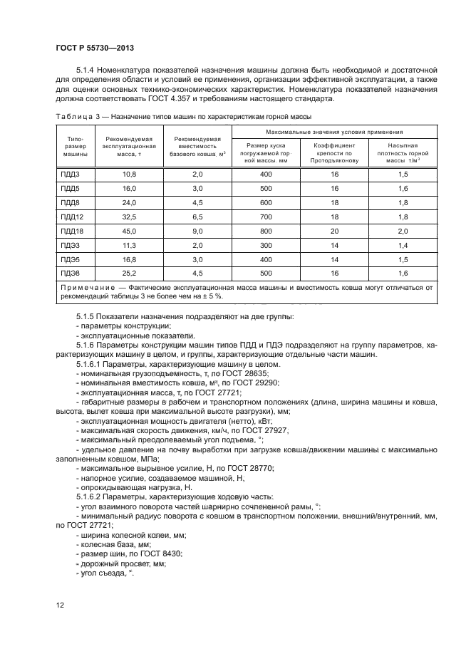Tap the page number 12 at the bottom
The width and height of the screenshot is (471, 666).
pos(59,605)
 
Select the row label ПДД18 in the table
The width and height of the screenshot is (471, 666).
pos(70,231)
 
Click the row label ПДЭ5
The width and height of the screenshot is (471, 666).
pos(68,259)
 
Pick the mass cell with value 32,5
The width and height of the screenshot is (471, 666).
pos(129,217)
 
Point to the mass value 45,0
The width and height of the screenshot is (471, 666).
pos(129,231)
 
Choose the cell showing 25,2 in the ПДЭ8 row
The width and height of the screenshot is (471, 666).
pos(129,273)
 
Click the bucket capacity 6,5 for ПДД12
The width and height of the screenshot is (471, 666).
pos(197,217)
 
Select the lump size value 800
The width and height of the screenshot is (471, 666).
pos(266,231)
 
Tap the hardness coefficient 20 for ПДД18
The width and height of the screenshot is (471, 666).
pos(333,231)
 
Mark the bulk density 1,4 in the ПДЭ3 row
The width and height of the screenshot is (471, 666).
pos(402,245)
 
